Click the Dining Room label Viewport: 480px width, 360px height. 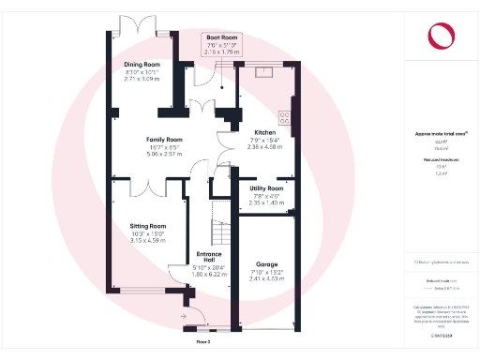(142, 65)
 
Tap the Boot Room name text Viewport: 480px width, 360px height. (223, 38)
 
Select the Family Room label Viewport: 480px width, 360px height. (164, 140)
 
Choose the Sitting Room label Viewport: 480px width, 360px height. (148, 226)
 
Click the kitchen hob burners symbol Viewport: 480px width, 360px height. (285, 117)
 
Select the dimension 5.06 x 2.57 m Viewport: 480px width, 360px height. (164, 154)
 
